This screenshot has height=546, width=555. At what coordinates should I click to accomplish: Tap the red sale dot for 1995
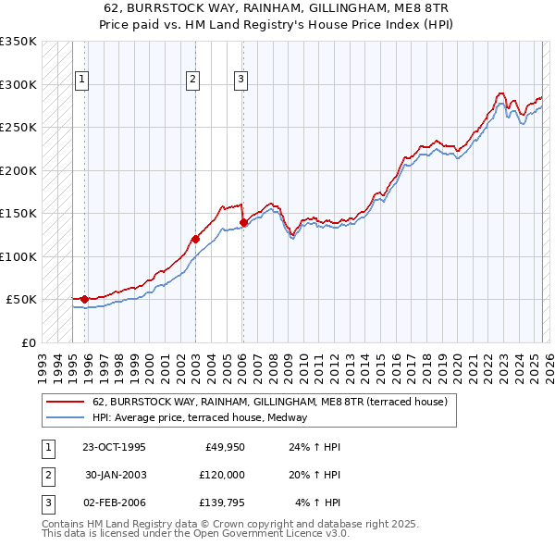click(x=84, y=299)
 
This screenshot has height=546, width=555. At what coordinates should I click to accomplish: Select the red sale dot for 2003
click(x=195, y=239)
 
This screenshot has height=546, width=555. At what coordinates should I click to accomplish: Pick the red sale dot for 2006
click(x=242, y=222)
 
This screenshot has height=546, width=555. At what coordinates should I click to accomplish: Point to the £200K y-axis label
click(x=19, y=170)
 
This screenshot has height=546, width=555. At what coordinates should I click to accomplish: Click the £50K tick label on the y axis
click(x=22, y=300)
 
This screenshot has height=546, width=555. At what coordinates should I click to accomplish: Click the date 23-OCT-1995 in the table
click(x=114, y=447)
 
